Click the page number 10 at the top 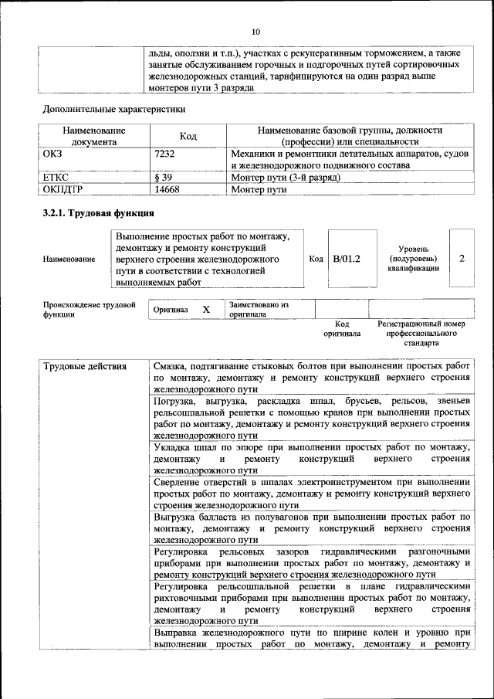pos(255,32)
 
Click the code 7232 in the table pos(165,154)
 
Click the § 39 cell pos(164,177)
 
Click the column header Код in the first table pos(188,137)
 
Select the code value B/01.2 pos(347,259)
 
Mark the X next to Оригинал pos(206,309)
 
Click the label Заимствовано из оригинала pos(258,310)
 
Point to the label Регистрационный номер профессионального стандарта pos(421,333)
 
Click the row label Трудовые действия pos(85,366)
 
